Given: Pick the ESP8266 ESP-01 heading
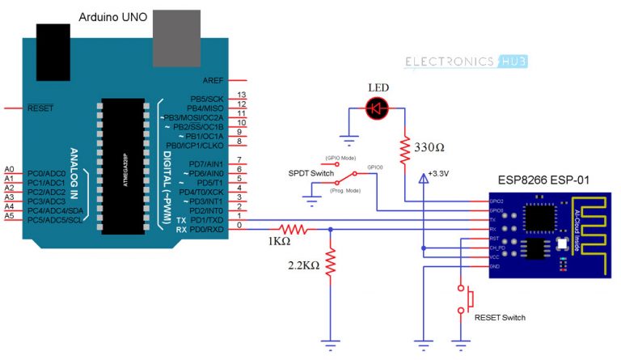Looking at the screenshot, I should point(551,183).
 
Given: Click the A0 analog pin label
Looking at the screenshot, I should point(9,168).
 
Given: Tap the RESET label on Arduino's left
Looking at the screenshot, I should point(41,108).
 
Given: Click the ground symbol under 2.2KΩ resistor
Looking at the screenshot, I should point(330,343).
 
